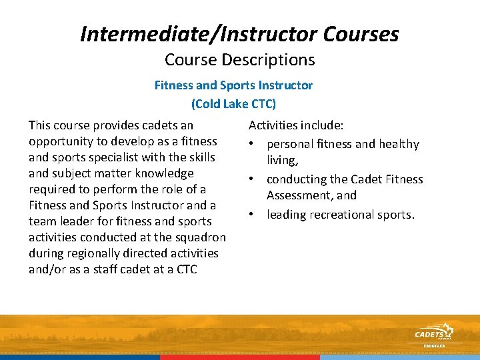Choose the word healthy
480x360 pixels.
coord(397,144)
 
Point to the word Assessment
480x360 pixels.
coord(302,195)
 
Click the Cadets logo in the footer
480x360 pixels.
coord(433,333)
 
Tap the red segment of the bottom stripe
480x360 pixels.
coord(240,357)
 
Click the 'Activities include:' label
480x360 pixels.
coord(296,125)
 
